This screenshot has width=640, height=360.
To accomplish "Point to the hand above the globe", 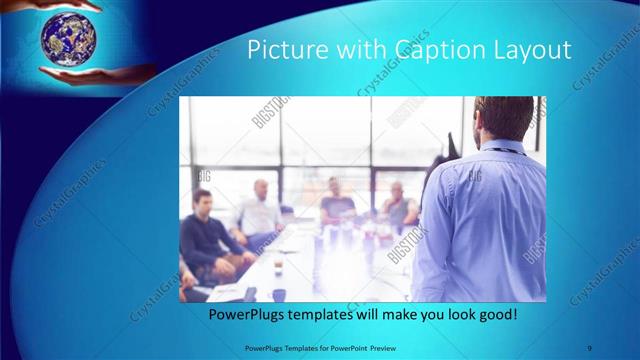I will (x=70, y=5).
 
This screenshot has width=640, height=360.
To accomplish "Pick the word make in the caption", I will (x=401, y=315).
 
